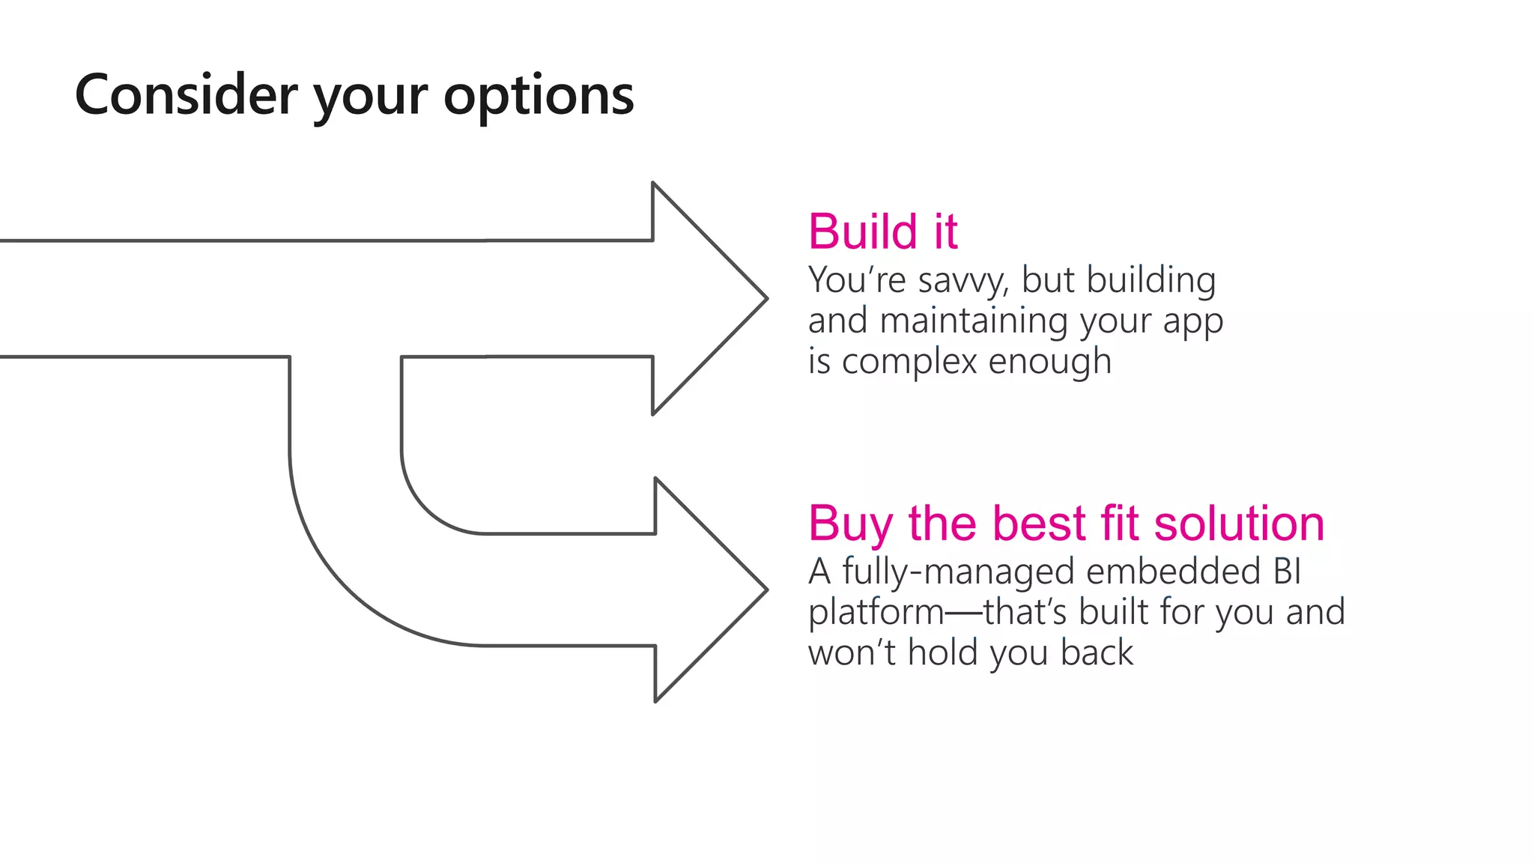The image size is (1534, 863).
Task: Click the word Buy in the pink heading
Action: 849,524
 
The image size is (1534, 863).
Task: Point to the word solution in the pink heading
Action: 1239,523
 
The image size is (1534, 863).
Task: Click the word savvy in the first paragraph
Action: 962,282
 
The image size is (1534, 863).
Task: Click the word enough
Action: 1049,363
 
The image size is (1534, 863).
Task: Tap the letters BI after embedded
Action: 1287,572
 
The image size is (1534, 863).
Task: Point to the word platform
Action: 876,614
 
